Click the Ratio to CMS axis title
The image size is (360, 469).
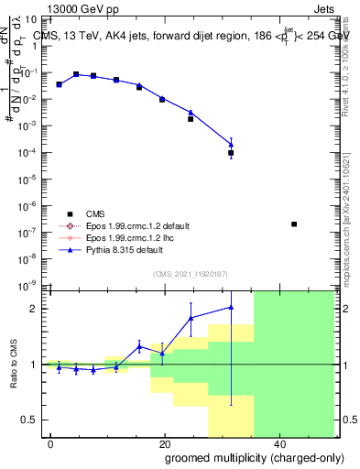click(14, 364)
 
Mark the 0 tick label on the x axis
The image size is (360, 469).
click(51, 443)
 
